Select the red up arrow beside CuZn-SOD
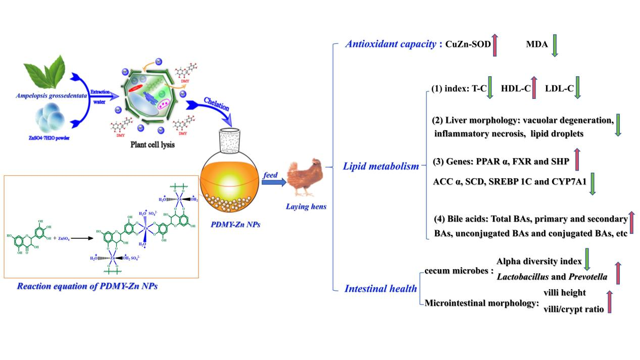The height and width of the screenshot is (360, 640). click(x=495, y=44)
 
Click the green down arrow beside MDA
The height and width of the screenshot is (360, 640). click(x=554, y=45)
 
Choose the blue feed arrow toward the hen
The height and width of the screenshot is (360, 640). click(x=273, y=182)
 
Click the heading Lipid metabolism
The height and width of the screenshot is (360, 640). click(x=381, y=166)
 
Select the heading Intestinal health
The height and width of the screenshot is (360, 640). click(x=381, y=289)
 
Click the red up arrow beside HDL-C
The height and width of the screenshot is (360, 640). click(x=534, y=88)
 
